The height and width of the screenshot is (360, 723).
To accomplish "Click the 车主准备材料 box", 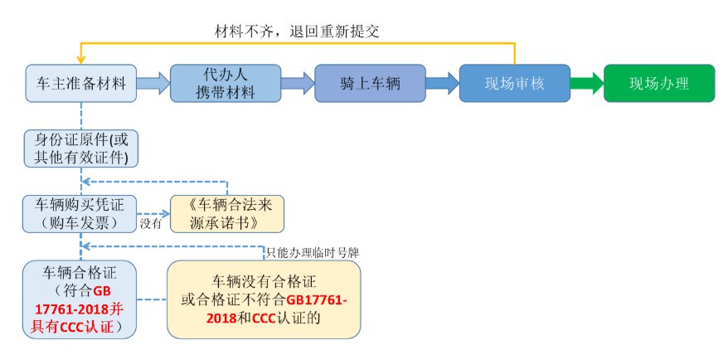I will click(x=81, y=84).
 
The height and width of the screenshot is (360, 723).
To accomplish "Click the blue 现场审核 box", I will click(x=515, y=84).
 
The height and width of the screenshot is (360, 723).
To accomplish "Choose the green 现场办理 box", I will click(x=659, y=84).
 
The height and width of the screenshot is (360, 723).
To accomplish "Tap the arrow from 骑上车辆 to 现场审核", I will click(x=442, y=84).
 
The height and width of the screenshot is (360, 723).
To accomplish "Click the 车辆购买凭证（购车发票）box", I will click(x=80, y=214).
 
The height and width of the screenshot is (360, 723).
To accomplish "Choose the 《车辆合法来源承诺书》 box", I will click(x=226, y=214).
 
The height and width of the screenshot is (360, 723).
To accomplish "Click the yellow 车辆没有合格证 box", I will click(x=264, y=299).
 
